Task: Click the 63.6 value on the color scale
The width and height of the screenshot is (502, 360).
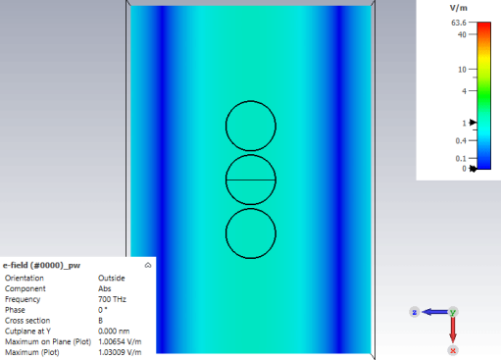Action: click(x=459, y=23)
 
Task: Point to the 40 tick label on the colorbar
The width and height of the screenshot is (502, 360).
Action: click(x=462, y=34)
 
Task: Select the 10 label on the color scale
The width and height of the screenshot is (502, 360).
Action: click(x=462, y=70)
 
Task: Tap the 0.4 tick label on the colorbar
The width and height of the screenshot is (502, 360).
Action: click(x=461, y=140)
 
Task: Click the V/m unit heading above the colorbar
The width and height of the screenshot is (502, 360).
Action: click(x=458, y=8)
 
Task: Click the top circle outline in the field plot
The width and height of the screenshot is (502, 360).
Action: click(x=251, y=101)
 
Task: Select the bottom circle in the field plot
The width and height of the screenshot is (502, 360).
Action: click(x=251, y=259)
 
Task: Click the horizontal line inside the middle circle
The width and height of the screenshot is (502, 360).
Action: click(x=251, y=180)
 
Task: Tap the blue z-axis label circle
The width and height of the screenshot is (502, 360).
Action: click(x=415, y=312)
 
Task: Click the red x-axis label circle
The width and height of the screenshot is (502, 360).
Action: click(x=453, y=350)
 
